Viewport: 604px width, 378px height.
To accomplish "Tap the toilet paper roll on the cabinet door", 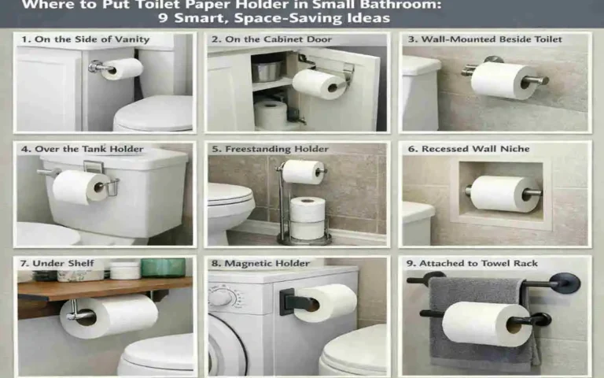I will [x=319, y=83].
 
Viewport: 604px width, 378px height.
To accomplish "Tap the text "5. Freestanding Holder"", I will [x=270, y=149].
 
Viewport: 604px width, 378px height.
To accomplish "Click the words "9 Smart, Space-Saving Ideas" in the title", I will [x=302, y=17].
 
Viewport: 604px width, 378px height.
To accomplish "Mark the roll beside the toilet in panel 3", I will [x=503, y=80].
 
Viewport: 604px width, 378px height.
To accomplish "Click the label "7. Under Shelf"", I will [x=55, y=263].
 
